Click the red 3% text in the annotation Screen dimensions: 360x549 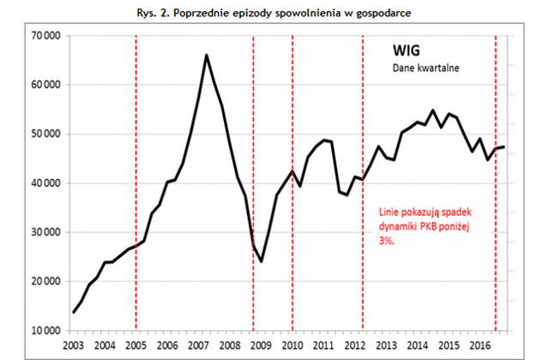387,242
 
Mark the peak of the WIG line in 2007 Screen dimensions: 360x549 207,56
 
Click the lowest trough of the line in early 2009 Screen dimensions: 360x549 262,261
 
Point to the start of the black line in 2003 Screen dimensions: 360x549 73,311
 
